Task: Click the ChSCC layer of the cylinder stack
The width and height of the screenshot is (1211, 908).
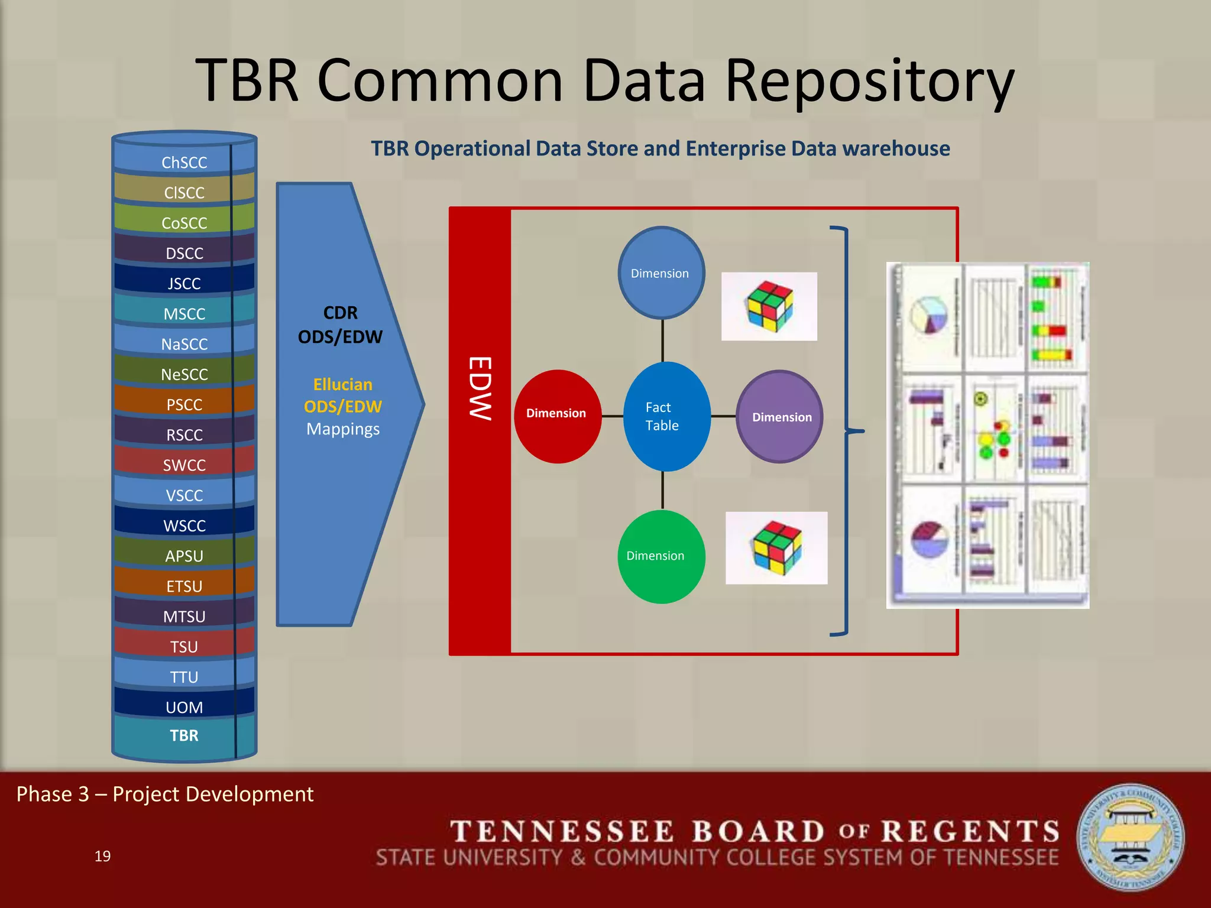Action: (184, 163)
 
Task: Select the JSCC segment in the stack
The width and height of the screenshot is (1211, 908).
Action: (184, 284)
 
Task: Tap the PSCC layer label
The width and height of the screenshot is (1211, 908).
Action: (184, 405)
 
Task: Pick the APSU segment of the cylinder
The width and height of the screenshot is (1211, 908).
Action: (184, 556)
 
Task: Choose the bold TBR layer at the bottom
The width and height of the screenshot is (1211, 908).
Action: (184, 735)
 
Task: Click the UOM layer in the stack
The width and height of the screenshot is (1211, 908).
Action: (184, 707)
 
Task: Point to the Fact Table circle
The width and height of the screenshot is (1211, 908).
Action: (666, 416)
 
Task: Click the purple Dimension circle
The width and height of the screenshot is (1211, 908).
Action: (780, 417)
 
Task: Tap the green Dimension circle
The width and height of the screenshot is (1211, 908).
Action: (661, 556)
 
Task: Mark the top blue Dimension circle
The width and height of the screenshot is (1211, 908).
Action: (661, 273)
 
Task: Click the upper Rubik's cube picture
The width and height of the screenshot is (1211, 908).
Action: (769, 306)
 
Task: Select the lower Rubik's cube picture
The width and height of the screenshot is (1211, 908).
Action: (776, 548)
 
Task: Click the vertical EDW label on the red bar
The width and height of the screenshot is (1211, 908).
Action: (480, 388)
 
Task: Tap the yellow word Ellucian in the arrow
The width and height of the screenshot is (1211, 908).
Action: (342, 385)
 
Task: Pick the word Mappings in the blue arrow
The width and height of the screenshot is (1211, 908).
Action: (343, 429)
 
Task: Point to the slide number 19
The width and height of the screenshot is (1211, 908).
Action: (102, 856)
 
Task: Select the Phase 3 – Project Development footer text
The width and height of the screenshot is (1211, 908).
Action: (165, 794)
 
